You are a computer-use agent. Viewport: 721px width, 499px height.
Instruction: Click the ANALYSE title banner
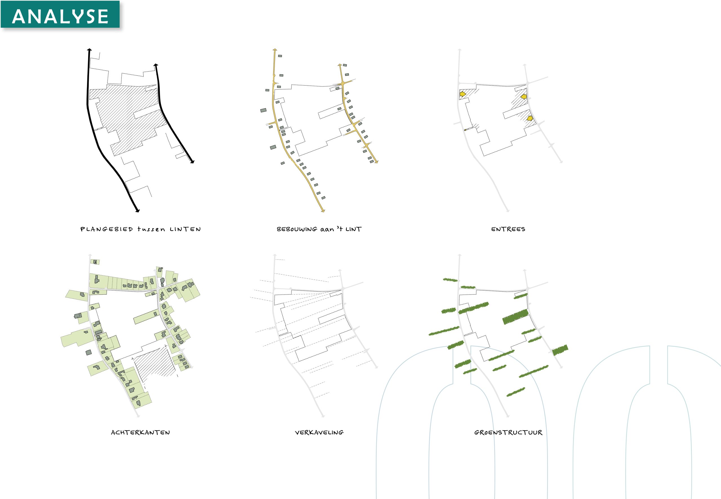[60, 14]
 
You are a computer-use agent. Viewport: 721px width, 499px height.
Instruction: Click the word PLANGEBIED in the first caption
[107, 229]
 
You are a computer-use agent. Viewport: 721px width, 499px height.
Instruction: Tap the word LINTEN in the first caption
[185, 229]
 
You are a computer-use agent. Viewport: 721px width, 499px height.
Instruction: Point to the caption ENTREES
[508, 229]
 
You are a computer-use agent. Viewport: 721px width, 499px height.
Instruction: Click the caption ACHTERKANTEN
[141, 432]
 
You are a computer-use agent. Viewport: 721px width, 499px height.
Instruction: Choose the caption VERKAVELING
[319, 432]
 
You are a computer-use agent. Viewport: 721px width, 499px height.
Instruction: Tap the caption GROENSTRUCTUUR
[508, 432]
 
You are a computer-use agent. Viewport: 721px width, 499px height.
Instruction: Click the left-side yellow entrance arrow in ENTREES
[463, 94]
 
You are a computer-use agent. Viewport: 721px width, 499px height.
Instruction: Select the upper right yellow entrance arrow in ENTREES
[523, 97]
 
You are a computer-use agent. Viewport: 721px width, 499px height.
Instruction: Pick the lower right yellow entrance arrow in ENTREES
[529, 118]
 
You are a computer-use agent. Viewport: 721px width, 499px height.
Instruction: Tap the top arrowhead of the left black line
[89, 50]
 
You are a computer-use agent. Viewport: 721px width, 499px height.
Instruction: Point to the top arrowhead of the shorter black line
[155, 65]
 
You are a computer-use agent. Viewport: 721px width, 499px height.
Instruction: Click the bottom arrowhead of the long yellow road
[323, 211]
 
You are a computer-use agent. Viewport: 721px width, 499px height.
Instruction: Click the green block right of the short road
[560, 350]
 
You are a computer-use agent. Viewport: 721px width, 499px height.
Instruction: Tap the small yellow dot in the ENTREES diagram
[465, 130]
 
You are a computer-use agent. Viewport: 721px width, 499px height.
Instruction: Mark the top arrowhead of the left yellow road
[275, 50]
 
